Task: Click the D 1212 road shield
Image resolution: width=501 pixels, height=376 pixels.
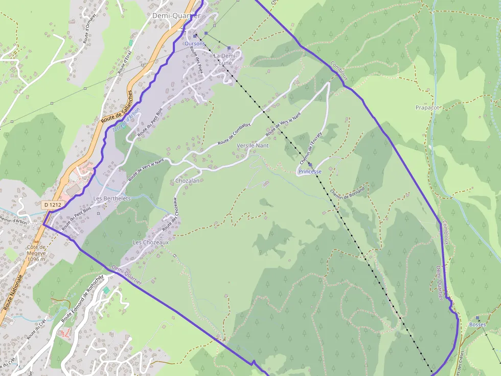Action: [52, 205]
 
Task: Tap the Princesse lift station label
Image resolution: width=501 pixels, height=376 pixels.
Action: [310, 172]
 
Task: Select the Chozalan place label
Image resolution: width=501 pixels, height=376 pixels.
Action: [187, 181]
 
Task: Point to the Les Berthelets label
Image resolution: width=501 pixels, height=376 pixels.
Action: [112, 198]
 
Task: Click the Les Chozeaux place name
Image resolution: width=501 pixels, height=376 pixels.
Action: [150, 242]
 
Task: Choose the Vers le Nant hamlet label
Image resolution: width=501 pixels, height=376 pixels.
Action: [253, 146]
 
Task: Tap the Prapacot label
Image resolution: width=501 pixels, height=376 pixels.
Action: [427, 108]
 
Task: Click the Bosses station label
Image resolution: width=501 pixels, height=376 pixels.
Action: [477, 324]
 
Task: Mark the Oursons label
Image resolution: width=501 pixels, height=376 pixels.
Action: [194, 44]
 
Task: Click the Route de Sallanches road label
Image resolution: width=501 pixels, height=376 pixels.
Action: [118, 107]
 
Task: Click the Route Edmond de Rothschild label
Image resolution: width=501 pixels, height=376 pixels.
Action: [82, 299]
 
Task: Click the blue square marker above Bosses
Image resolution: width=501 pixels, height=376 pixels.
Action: [477, 317]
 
